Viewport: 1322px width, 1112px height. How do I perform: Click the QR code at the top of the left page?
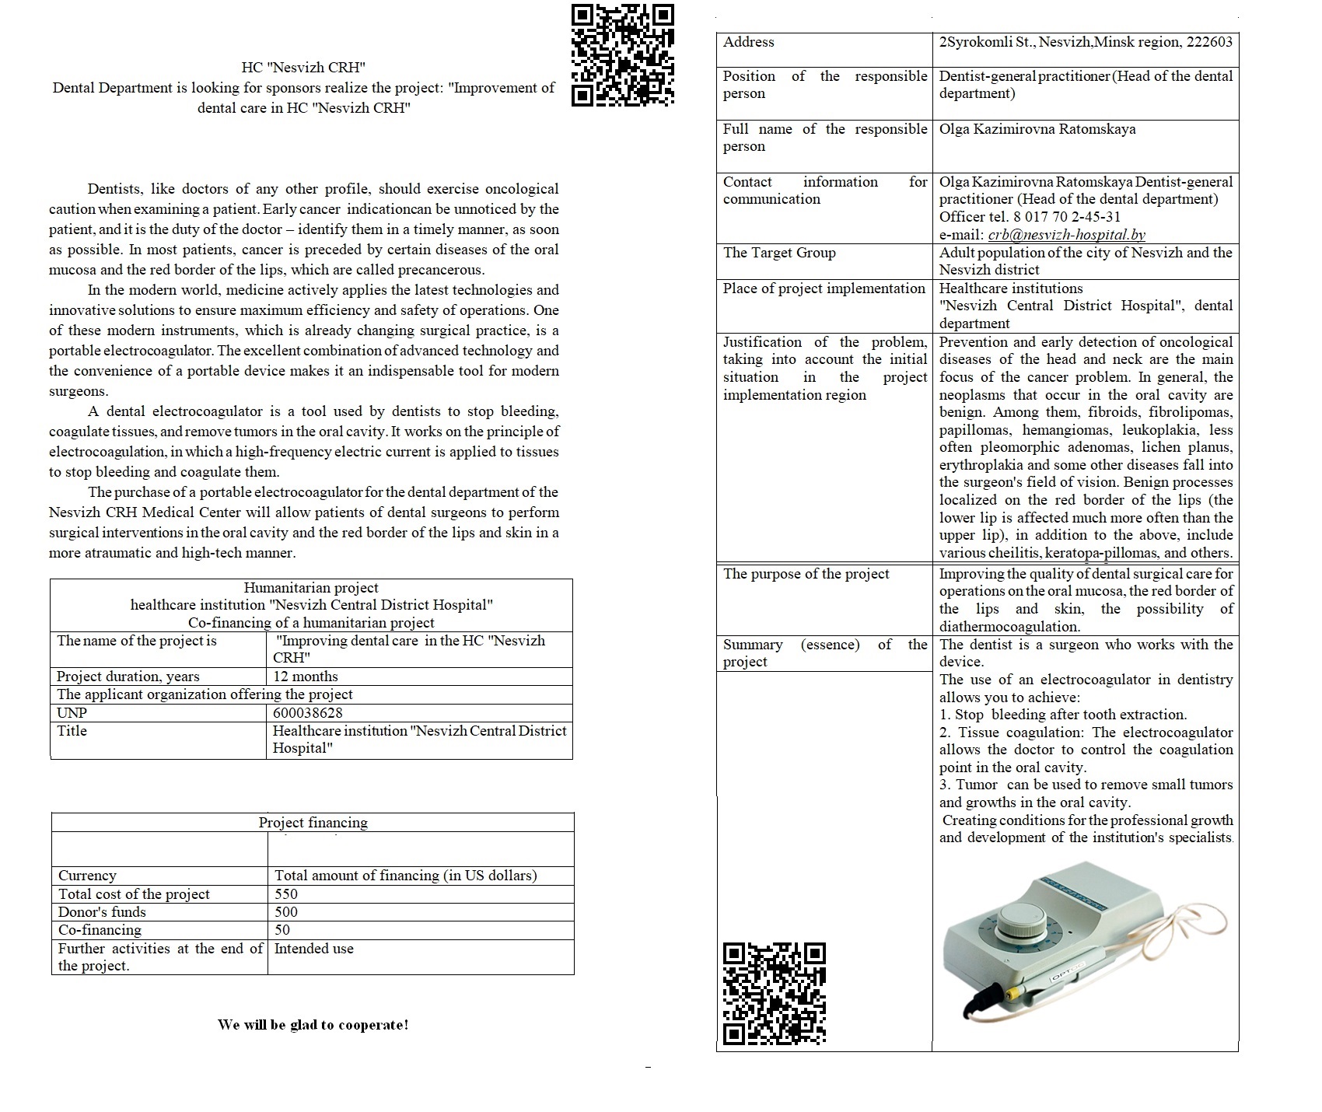[623, 55]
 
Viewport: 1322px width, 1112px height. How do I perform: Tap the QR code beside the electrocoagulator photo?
[774, 993]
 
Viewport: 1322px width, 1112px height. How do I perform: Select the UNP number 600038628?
[308, 713]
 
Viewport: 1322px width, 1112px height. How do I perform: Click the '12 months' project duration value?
[306, 677]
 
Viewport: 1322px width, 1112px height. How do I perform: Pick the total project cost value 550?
[286, 894]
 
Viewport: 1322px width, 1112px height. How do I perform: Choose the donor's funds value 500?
[286, 912]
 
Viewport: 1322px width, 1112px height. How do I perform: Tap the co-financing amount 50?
[282, 930]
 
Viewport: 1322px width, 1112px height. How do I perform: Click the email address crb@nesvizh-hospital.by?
[1066, 235]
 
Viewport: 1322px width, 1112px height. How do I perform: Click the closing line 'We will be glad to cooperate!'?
[313, 1025]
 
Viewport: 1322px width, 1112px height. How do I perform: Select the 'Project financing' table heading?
[313, 823]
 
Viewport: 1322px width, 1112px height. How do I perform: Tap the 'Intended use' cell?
[313, 949]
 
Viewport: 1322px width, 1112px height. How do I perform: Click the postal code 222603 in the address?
[1209, 42]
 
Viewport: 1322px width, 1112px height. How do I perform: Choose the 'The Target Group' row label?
[779, 253]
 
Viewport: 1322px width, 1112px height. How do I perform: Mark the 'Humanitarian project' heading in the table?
[311, 588]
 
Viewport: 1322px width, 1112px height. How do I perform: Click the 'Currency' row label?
[87, 876]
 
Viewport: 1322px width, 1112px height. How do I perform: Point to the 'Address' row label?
[749, 42]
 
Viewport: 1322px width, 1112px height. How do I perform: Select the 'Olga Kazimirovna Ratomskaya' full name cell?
[1037, 129]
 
